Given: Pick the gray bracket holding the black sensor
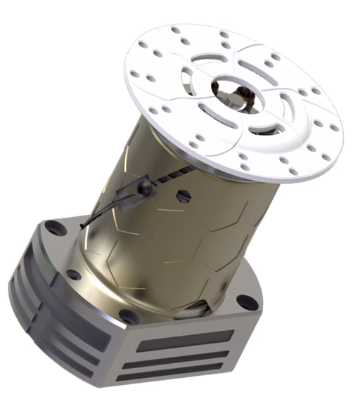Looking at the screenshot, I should pyautogui.click(x=130, y=201).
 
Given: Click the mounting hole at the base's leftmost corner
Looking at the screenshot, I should pyautogui.click(x=52, y=228).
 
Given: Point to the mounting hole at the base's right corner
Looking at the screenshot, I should pyautogui.click(x=247, y=303).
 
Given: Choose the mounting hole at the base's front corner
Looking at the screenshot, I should pyautogui.click(x=127, y=314).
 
